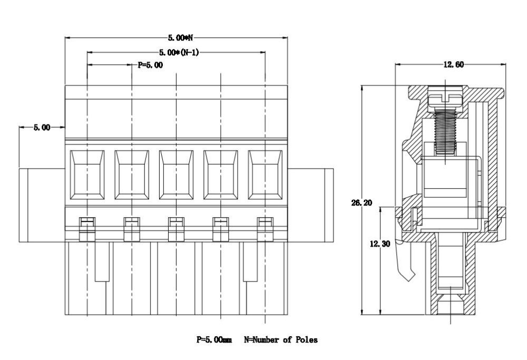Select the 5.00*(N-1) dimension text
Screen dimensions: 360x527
point(179,52)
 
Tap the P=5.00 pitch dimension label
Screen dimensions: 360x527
point(150,65)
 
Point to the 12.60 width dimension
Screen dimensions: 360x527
point(453,64)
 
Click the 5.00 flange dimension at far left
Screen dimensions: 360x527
point(42,127)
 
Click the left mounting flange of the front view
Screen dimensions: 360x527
point(42,205)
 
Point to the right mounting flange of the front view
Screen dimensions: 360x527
point(310,205)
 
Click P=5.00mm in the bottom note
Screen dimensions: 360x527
point(214,340)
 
